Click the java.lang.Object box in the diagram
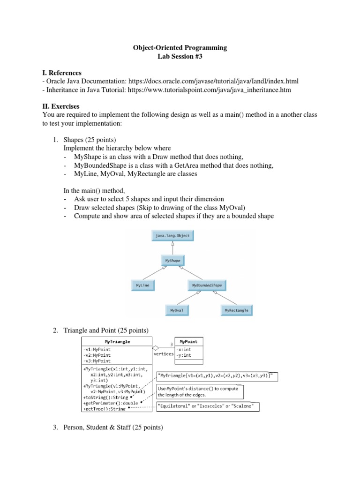coord(172,236)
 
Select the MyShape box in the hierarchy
coord(172,259)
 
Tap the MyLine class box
coord(142,285)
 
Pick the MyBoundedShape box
coord(207,285)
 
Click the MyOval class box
coord(177,310)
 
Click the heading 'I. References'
coord(62,73)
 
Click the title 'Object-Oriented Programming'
coord(180,48)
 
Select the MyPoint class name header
coord(189,341)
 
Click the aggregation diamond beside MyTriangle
coord(156,348)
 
